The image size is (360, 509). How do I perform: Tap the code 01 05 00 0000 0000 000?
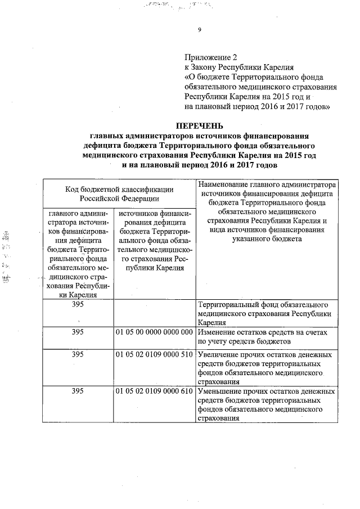(154, 332)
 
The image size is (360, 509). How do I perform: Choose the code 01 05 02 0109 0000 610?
(154, 391)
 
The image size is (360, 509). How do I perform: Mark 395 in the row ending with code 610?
(78, 391)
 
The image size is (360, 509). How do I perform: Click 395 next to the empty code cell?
(78, 305)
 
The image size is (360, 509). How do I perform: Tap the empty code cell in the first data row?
(154, 313)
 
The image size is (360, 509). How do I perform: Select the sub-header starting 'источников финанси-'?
(154, 240)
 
